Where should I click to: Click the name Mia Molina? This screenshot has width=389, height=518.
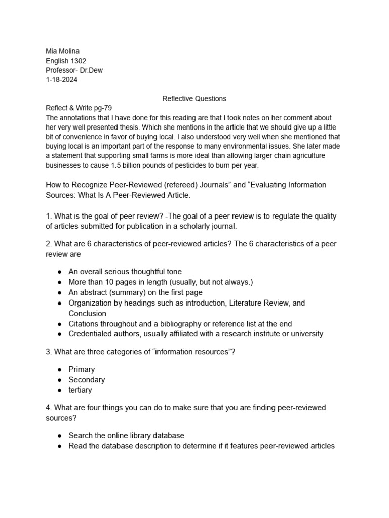point(62,51)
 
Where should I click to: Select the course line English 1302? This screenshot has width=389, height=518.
point(66,61)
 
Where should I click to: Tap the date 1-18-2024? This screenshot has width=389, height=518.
point(62,80)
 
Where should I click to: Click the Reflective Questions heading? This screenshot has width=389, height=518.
point(194,99)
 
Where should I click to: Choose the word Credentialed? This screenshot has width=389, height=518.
point(89,334)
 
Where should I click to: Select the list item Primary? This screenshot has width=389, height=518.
point(82,369)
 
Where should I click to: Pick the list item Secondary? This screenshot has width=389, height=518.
point(87,380)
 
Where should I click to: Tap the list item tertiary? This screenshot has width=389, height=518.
point(80,390)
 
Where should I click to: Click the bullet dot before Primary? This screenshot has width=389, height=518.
point(59,370)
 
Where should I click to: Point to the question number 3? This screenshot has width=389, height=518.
point(48,352)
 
